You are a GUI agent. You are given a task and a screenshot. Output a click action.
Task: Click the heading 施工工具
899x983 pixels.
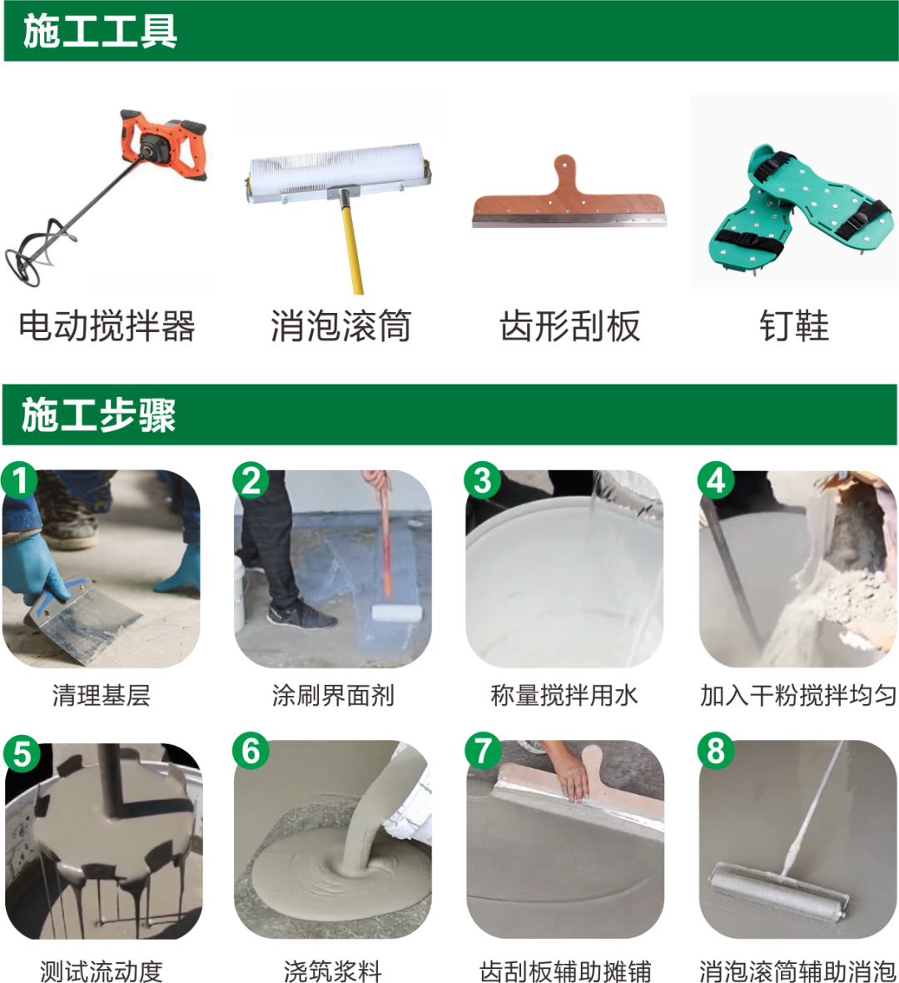[x=100, y=32]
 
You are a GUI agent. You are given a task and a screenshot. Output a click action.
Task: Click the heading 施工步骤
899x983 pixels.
[x=98, y=415]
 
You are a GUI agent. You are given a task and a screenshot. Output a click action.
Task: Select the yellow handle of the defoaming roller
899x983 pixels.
[x=352, y=245]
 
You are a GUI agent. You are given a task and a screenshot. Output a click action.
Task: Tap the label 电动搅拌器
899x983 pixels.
[x=107, y=326]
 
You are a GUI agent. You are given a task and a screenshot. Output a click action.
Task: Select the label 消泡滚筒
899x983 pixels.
[x=340, y=326]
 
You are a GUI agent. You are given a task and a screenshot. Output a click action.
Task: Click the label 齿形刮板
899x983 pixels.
[x=570, y=326]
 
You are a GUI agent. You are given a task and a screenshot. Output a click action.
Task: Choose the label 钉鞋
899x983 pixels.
[x=794, y=326]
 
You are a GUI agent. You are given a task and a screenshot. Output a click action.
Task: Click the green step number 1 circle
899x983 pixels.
[x=19, y=480]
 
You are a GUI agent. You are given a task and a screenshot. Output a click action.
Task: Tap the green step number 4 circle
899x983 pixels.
[x=716, y=480]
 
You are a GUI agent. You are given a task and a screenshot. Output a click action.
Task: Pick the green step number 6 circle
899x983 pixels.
[x=251, y=751]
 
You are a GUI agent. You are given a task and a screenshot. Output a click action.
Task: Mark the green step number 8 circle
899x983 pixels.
[x=716, y=751]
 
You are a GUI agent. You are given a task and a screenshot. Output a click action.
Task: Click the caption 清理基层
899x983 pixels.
[x=101, y=695]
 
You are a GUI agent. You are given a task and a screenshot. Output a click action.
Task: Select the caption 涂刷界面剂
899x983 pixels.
[x=333, y=695]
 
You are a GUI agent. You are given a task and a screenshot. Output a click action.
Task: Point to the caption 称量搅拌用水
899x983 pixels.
[x=564, y=695]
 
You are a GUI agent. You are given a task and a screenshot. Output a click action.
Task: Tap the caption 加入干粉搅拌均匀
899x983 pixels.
[x=798, y=695]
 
